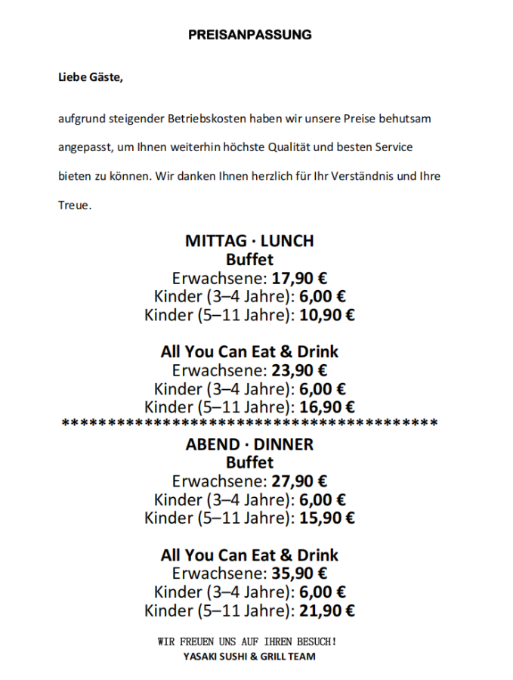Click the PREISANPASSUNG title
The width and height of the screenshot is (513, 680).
[x=249, y=35]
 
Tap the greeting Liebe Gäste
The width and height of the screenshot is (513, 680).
[x=90, y=77]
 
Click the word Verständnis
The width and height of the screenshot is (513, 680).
[x=355, y=176]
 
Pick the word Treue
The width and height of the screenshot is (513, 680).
[x=75, y=204]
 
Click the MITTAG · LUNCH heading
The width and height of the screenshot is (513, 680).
[x=249, y=241]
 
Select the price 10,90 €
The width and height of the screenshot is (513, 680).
[x=326, y=315]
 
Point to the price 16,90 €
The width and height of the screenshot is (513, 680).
[x=326, y=408]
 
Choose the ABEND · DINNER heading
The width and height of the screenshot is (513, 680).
[x=249, y=444]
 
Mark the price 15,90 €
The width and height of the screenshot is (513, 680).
[x=326, y=518]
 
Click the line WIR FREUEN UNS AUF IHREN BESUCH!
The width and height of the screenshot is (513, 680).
[x=247, y=642]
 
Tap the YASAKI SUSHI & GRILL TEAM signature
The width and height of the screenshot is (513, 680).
[x=249, y=657]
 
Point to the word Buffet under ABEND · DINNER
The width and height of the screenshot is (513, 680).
[x=249, y=462]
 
